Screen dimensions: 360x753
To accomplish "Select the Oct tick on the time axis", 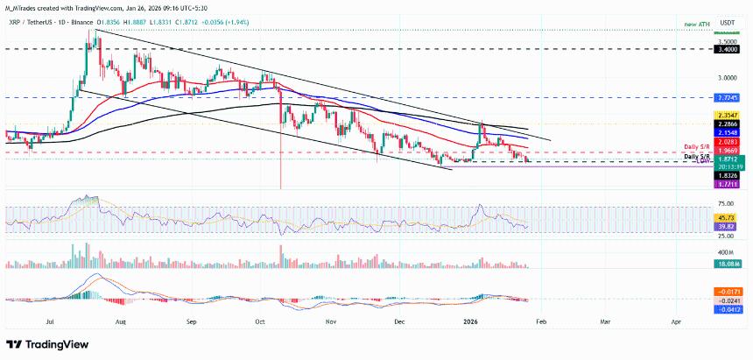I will [260, 322].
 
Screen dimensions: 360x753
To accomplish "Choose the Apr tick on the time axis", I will [676, 322].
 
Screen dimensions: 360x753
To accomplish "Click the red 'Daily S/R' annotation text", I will [697, 145].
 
